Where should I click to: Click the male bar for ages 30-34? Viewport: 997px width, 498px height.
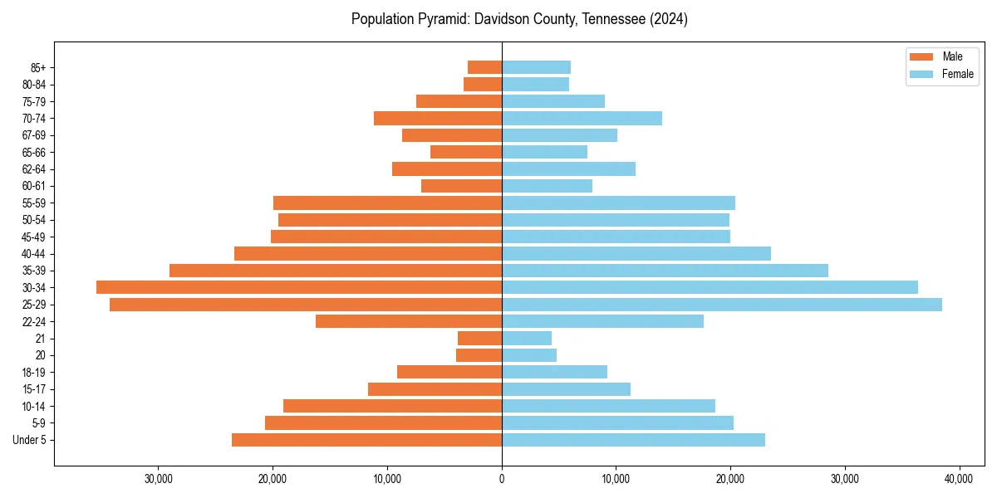click(x=299, y=287)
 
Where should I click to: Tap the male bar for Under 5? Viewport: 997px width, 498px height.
click(x=366, y=440)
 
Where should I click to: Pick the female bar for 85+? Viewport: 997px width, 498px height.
click(x=536, y=67)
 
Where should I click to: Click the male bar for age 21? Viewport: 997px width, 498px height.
click(x=479, y=339)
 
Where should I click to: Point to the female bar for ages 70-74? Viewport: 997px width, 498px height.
click(x=582, y=119)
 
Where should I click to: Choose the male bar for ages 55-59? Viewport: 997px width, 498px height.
click(x=387, y=203)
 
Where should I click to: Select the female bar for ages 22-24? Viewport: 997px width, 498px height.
click(x=602, y=321)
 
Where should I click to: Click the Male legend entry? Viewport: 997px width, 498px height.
click(x=952, y=56)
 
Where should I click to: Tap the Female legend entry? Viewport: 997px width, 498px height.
click(x=957, y=74)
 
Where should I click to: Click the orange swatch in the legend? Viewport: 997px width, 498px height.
click(x=922, y=56)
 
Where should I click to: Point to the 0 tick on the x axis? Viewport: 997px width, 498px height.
click(x=502, y=479)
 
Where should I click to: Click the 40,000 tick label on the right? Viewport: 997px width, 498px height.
click(x=959, y=479)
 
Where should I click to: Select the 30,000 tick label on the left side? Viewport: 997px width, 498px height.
click(x=158, y=479)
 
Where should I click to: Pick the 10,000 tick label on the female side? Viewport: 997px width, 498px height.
click(x=616, y=479)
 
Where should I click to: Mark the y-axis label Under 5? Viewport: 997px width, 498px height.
click(x=30, y=440)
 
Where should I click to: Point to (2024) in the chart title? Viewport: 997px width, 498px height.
click(x=669, y=19)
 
